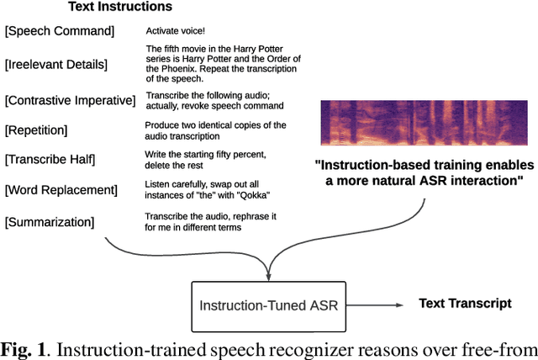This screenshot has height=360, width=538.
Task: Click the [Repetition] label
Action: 37,130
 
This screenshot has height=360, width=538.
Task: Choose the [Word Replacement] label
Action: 61,190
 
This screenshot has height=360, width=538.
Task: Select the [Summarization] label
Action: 50,222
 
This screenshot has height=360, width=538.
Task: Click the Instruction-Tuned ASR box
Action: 268,305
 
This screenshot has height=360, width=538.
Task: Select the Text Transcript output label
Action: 465,303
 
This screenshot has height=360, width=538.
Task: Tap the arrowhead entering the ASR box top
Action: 268,273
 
